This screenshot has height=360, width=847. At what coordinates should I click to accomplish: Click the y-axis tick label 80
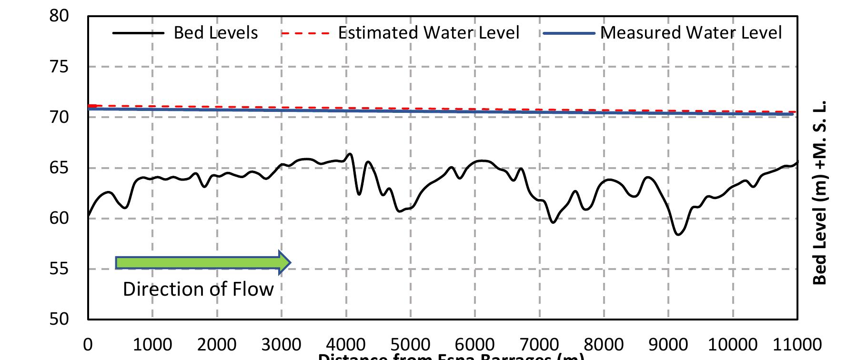click(59, 16)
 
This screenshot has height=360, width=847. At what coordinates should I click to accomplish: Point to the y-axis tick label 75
click(59, 67)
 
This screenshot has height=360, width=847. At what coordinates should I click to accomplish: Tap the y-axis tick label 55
click(59, 269)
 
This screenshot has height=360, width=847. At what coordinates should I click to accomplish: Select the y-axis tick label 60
click(59, 219)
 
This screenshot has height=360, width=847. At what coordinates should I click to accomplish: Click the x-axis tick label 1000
click(152, 344)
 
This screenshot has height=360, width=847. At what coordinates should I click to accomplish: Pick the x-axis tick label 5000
click(410, 344)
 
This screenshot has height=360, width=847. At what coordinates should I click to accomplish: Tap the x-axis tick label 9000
click(668, 344)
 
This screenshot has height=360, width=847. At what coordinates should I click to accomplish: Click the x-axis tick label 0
click(88, 344)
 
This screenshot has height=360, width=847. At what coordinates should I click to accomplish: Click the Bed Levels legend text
click(216, 33)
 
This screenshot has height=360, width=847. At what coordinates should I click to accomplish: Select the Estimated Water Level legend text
click(428, 33)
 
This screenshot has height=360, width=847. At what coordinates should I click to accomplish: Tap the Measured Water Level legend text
click(691, 33)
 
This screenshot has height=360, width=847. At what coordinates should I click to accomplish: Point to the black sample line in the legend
click(138, 33)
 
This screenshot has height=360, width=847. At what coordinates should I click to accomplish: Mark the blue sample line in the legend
click(569, 33)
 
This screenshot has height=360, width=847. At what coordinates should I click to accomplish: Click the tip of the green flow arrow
click(290, 262)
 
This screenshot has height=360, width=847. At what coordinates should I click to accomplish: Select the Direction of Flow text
click(198, 290)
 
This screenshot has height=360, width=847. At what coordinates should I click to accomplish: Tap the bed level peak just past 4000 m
click(350, 154)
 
